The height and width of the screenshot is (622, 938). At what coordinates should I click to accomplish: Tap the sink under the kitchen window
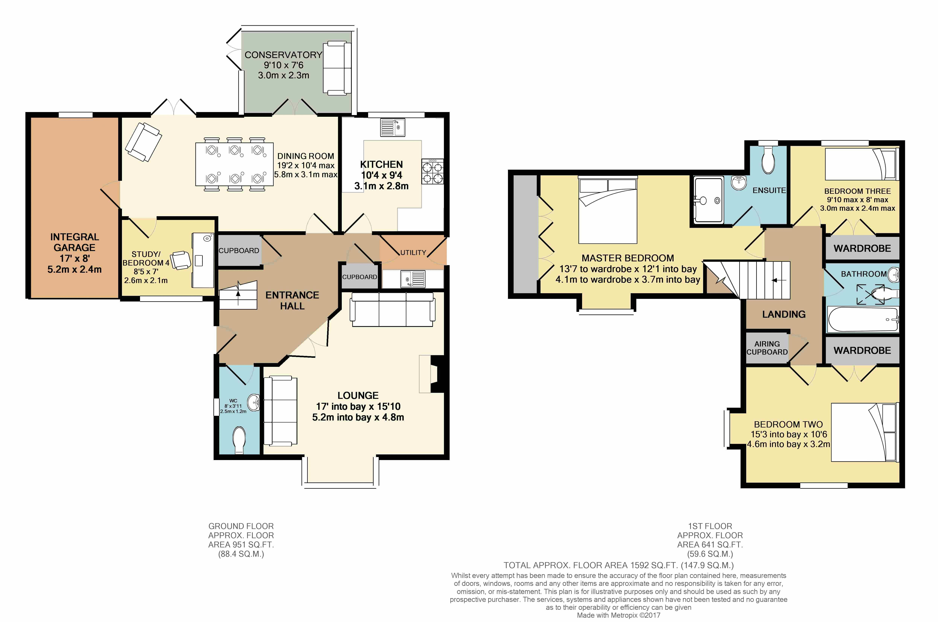(392, 127)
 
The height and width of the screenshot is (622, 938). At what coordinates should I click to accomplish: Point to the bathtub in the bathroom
(863, 319)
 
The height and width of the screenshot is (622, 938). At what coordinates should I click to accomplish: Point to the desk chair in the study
(182, 260)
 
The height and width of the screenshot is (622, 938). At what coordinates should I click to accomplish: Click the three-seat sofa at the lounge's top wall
(392, 309)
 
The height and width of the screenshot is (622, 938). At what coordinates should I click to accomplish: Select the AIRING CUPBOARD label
(767, 348)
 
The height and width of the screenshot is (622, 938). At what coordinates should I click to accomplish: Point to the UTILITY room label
(413, 252)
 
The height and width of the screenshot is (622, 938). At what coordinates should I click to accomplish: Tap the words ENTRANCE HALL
(292, 300)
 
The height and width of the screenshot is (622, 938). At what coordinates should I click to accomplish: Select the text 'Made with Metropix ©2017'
(618, 615)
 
